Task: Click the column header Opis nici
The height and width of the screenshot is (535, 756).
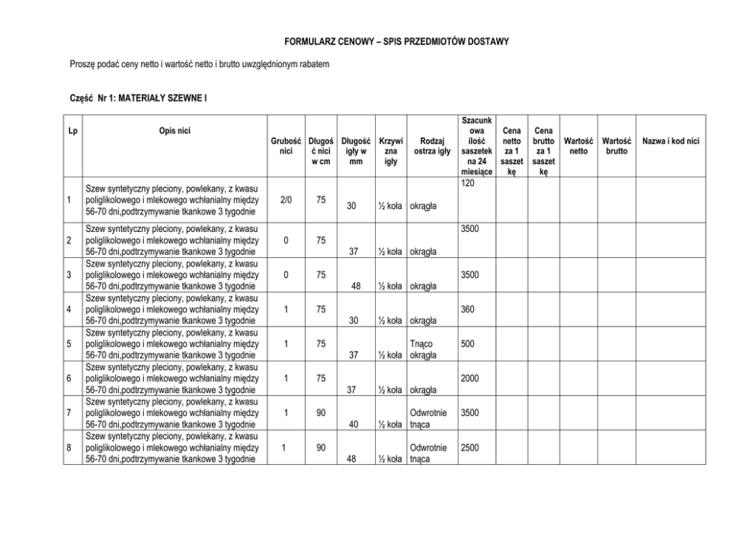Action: coord(170,131)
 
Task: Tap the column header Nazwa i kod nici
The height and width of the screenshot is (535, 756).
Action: coord(671,141)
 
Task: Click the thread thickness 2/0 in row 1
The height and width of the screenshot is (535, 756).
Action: coord(286,199)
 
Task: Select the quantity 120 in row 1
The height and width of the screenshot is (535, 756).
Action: coord(469,185)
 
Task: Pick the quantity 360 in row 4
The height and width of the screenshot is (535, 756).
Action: coord(469,310)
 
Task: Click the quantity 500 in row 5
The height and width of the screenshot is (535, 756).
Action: coord(469,344)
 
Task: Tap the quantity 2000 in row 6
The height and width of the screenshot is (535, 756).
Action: coord(471,379)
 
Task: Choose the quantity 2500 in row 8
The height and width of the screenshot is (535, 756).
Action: coord(471,447)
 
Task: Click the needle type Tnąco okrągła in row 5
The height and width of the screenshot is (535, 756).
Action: coord(423,350)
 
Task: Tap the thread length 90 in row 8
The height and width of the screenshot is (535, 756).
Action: coord(322,447)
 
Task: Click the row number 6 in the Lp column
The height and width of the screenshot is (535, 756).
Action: coord(69,379)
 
